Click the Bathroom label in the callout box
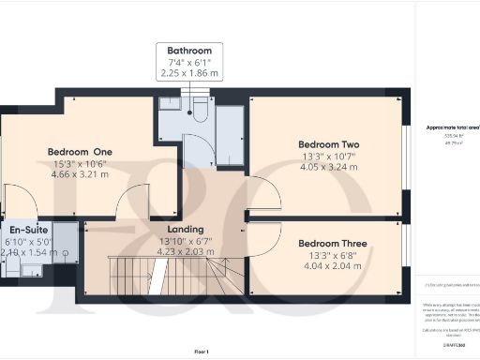tap(189, 51)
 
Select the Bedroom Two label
tap(329, 144)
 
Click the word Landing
tap(186, 229)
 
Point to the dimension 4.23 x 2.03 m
tap(186, 250)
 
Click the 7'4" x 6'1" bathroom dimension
tap(189, 62)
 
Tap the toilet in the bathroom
tap(197, 110)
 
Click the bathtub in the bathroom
tap(230, 123)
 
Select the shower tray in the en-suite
tap(65, 241)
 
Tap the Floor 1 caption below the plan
tap(201, 351)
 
